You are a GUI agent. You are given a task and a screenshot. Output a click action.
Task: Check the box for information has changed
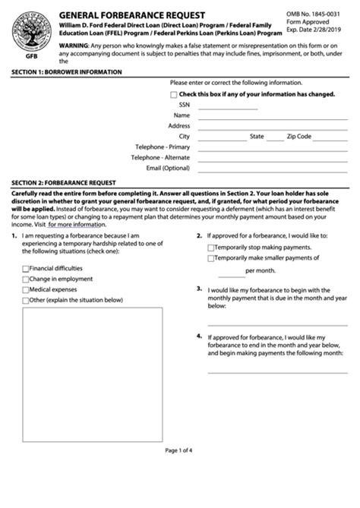coord(174,94)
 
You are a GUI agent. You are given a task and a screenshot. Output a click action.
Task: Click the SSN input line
coord(228,109)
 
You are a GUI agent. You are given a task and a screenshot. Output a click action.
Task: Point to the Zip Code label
coord(299,137)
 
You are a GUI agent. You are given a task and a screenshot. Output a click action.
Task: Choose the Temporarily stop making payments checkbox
coord(211,248)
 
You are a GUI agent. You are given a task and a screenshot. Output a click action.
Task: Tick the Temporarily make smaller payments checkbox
coord(211,258)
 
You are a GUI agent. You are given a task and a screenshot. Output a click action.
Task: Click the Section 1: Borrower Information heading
coord(67,71)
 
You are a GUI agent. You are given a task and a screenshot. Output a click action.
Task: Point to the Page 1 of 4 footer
coord(179,450)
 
